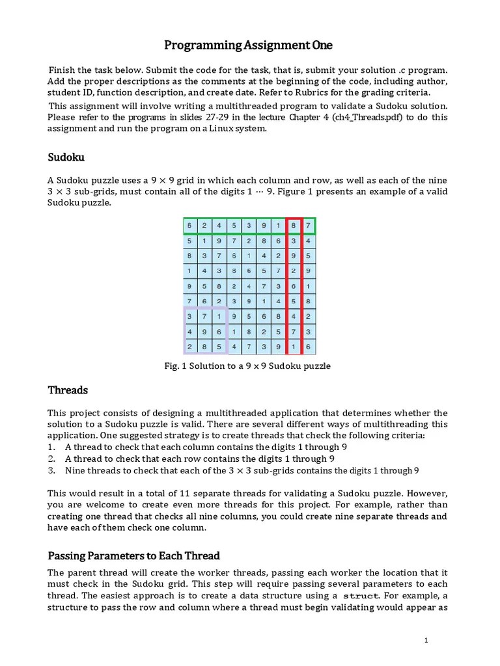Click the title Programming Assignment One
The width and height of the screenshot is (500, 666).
tap(248, 45)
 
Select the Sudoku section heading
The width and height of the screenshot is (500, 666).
tap(66, 157)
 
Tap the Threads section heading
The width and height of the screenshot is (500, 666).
tap(68, 390)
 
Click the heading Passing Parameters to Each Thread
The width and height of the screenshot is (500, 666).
tap(133, 555)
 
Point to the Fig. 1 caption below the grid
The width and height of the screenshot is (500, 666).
tap(247, 366)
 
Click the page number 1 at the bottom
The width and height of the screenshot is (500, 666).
tap(426, 641)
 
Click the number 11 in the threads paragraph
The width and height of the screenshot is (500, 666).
tap(166, 493)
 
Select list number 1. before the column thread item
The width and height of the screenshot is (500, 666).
tap(52, 447)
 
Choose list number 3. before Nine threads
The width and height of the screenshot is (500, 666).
tap(52, 470)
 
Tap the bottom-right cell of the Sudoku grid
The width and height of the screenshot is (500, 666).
tap(308, 348)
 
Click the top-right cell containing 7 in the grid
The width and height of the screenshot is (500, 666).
tap(308, 226)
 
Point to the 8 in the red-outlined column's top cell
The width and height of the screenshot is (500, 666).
tap(294, 226)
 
